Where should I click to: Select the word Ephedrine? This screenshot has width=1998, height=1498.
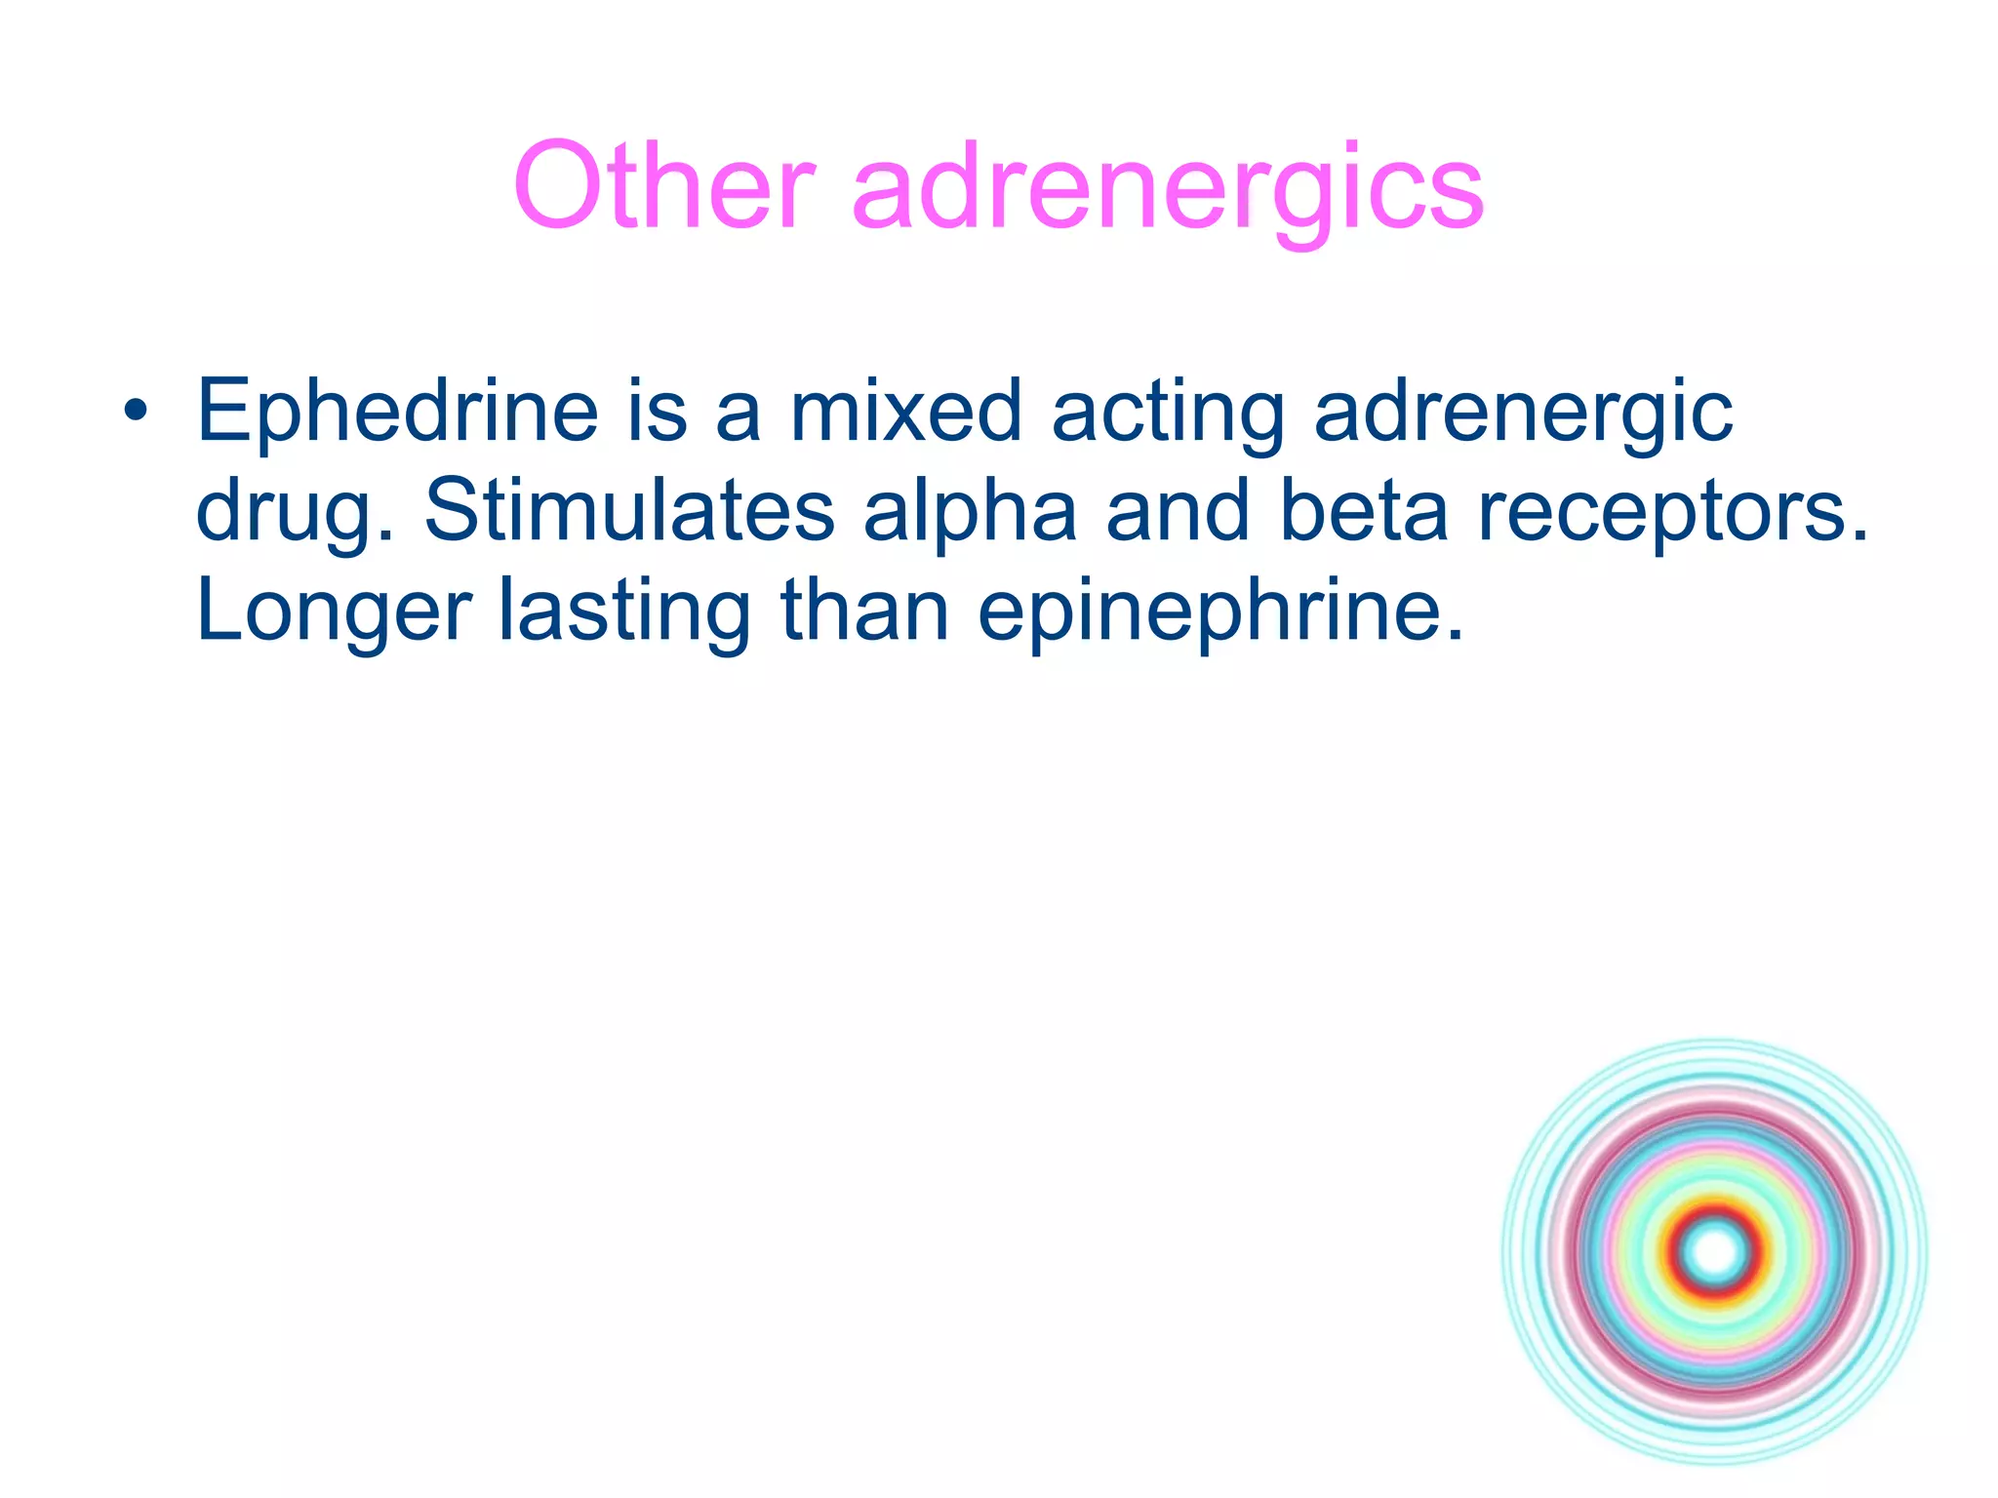[x=397, y=413]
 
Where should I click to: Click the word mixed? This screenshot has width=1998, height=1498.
[x=906, y=411]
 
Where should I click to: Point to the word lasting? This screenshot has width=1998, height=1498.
[x=624, y=613]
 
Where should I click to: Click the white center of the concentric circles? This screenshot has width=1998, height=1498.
[x=1715, y=1252]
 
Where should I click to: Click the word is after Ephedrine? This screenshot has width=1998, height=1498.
[x=657, y=411]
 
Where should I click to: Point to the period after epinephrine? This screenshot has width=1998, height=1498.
[x=1456, y=634]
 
